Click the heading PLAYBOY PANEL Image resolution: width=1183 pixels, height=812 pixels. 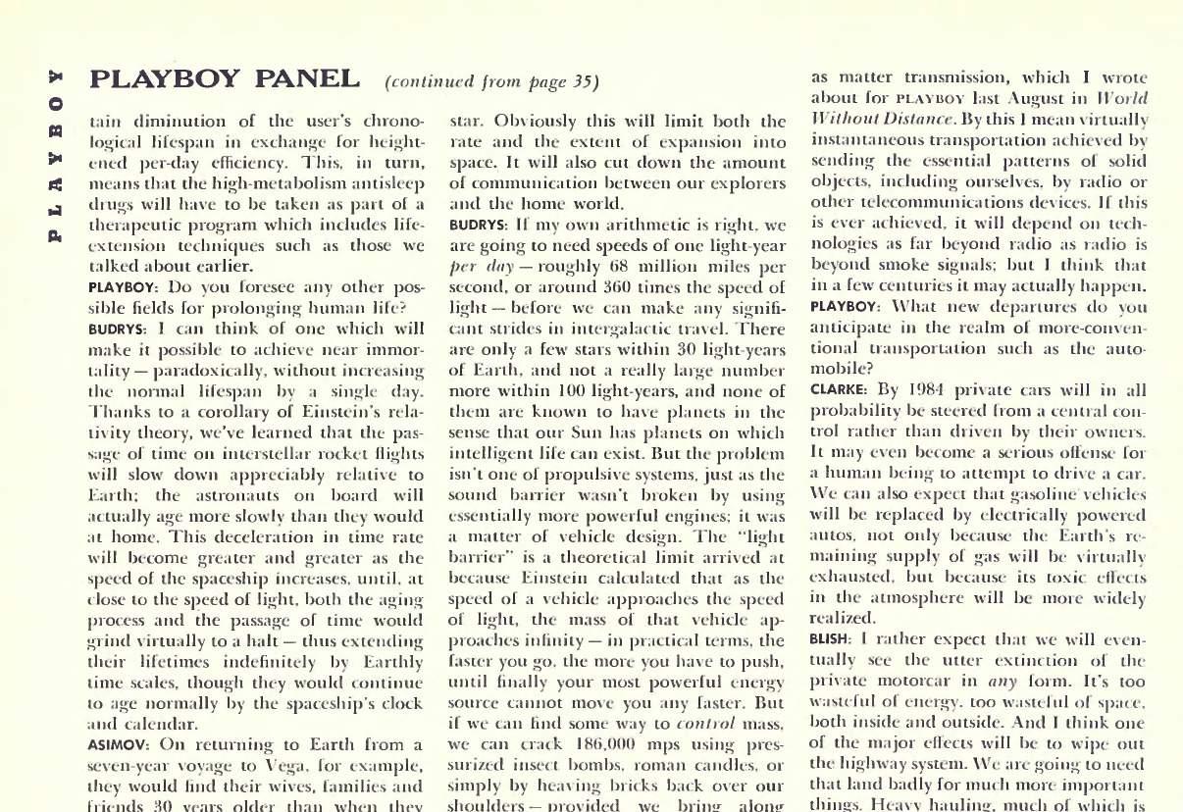pyautogui.click(x=224, y=77)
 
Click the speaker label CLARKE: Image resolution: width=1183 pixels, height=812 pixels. pyautogui.click(x=839, y=388)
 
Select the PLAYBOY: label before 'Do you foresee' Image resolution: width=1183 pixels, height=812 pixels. pyautogui.click(x=122, y=287)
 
